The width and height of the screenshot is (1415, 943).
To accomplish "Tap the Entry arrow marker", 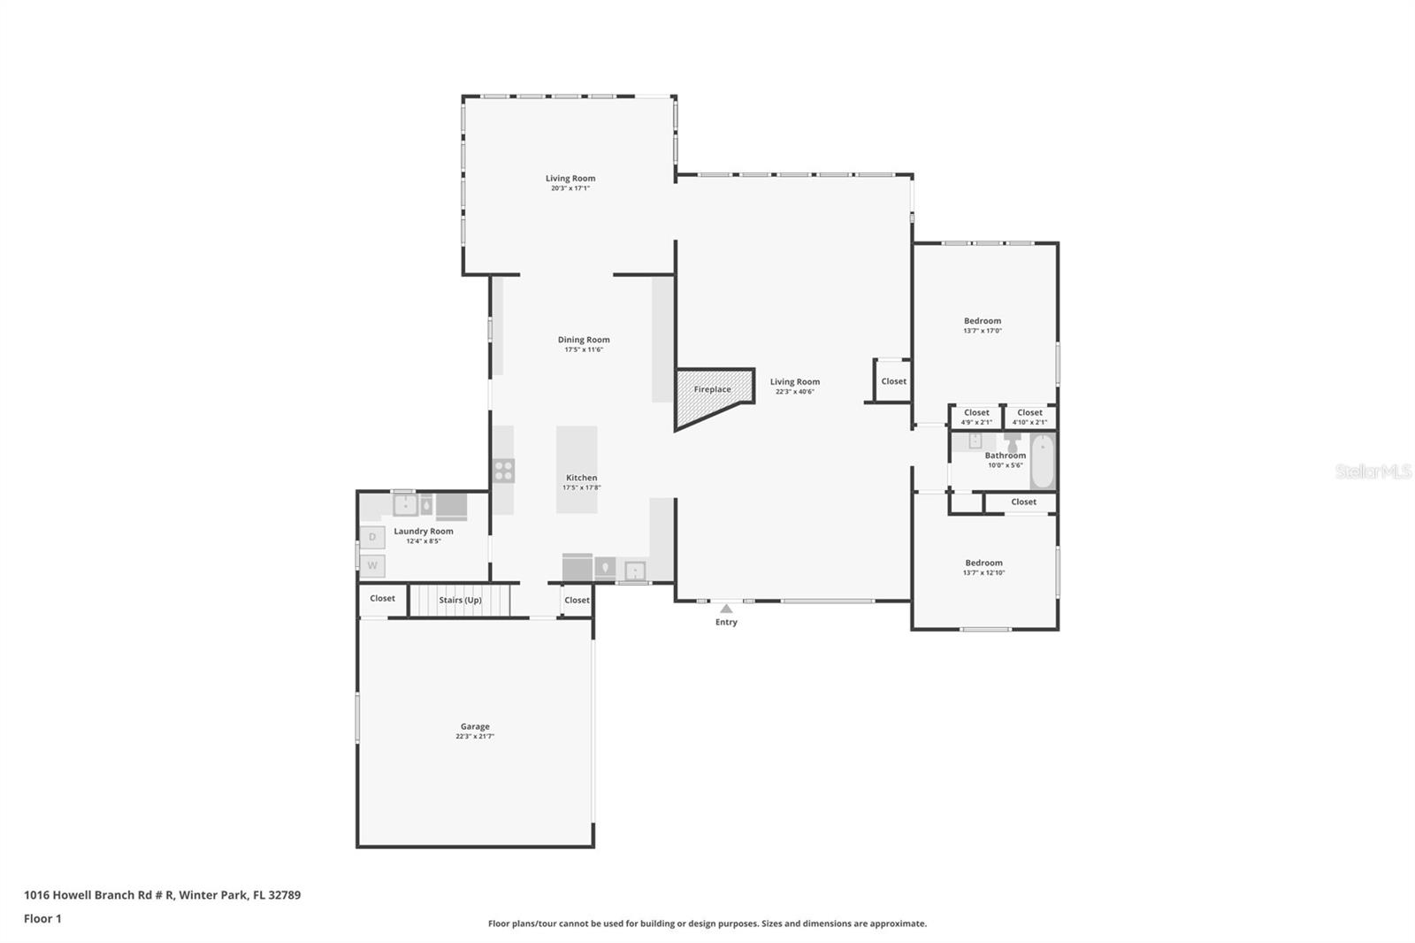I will [x=726, y=609].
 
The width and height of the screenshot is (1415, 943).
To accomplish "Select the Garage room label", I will [x=475, y=726].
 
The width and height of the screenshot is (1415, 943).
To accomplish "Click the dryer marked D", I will [x=372, y=537].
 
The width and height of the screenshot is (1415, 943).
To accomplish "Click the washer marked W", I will [x=372, y=565].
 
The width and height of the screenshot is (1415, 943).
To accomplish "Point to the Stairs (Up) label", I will [x=460, y=600].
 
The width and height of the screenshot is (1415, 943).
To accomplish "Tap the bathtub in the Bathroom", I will [x=1043, y=461].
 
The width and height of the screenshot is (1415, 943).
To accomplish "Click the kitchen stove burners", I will [x=503, y=471].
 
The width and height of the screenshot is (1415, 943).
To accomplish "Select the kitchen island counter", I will [x=577, y=469].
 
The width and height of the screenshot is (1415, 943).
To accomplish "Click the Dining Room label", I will [x=584, y=340].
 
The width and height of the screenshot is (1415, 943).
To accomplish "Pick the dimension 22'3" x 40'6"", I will [x=795, y=391].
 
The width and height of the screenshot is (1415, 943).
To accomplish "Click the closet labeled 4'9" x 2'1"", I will [x=976, y=417].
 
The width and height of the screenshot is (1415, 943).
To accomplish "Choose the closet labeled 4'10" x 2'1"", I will [x=1029, y=417].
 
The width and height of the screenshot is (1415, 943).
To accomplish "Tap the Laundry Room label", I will [x=424, y=531].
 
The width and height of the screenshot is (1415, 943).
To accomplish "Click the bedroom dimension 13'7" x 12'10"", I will [x=983, y=572].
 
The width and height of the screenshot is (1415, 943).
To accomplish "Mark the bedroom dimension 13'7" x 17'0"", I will [x=983, y=331].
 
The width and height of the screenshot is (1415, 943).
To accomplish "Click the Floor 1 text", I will [x=42, y=918].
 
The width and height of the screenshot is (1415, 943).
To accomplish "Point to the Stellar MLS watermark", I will [x=1373, y=471].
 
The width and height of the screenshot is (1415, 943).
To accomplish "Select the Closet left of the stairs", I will [x=382, y=599].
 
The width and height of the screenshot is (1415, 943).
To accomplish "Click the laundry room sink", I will [x=405, y=505].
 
